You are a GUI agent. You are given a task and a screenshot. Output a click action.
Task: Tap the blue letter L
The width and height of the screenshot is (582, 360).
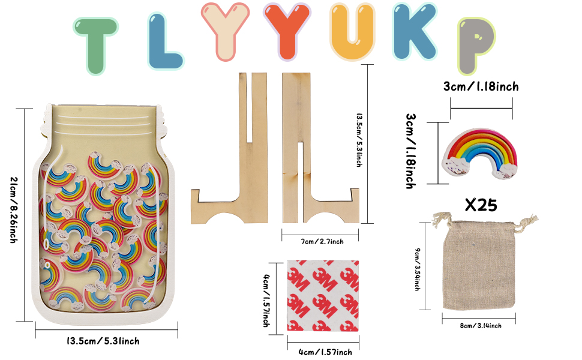(x=164, y=41)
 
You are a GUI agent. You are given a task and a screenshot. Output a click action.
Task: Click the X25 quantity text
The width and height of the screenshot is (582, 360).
(x=481, y=205)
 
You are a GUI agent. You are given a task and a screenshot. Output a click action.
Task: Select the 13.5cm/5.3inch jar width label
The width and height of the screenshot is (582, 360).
(x=103, y=341)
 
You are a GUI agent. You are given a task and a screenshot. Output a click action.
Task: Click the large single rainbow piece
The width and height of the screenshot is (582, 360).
(x=479, y=153)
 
